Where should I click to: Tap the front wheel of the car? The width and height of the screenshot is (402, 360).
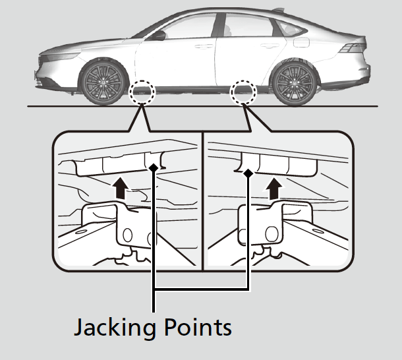[104, 84]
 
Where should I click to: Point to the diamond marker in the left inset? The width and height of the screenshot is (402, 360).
[154, 168]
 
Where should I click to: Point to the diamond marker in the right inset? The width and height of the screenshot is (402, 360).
[248, 172]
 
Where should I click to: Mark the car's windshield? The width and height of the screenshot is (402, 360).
[143, 32]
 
